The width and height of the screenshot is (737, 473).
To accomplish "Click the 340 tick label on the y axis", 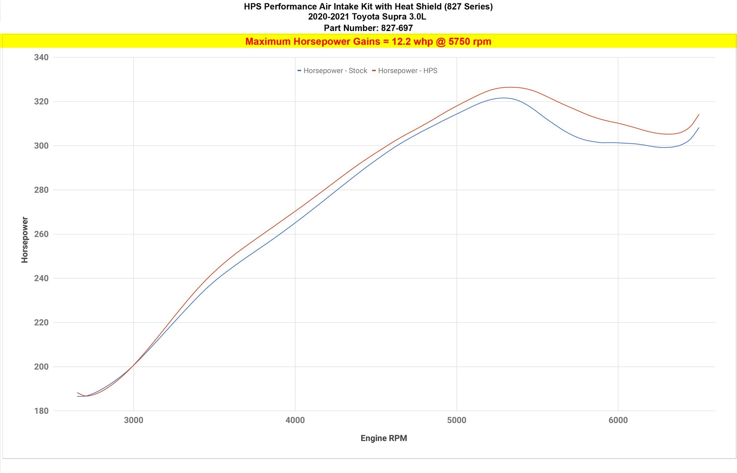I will click(41, 57).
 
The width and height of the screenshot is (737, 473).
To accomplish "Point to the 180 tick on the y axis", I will click(41, 411).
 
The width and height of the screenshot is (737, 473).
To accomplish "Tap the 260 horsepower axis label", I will click(41, 234).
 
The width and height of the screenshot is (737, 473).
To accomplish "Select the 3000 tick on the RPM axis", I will click(133, 420).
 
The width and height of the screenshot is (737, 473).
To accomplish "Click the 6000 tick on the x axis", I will click(618, 420).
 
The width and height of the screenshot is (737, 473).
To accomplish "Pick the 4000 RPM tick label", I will click(295, 420).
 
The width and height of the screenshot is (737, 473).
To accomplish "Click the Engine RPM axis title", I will click(384, 438).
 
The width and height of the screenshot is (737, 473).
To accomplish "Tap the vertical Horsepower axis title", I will click(25, 240).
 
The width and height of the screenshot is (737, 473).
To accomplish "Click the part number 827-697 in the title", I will click(397, 28).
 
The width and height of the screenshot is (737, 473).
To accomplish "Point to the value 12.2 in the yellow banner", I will click(401, 41).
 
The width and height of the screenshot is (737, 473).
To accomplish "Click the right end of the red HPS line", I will click(699, 115).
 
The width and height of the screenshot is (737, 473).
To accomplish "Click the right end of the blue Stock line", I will click(699, 128).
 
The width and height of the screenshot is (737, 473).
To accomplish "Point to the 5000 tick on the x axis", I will click(457, 420).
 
